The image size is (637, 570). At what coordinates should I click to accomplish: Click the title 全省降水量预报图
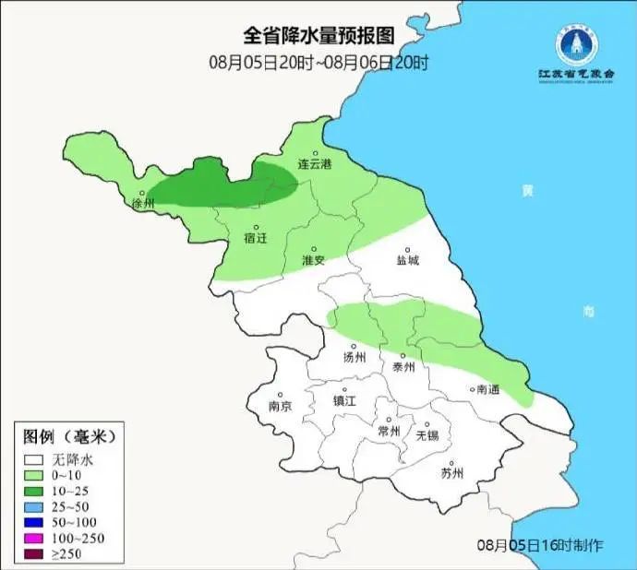318,36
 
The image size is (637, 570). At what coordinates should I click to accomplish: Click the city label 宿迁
256,238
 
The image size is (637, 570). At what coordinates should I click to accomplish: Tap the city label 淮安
314,260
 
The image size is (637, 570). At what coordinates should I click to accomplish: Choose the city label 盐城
407,260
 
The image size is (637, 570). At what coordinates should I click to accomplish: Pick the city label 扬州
355,357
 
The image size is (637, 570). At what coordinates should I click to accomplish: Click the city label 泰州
404,365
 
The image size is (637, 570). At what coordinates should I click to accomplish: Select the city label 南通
487,390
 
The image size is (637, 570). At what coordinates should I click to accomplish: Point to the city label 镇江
344,401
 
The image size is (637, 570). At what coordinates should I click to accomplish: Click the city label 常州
390,431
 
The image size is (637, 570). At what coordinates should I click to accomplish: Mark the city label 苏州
451,474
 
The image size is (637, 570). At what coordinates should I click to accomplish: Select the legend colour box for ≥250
36,553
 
